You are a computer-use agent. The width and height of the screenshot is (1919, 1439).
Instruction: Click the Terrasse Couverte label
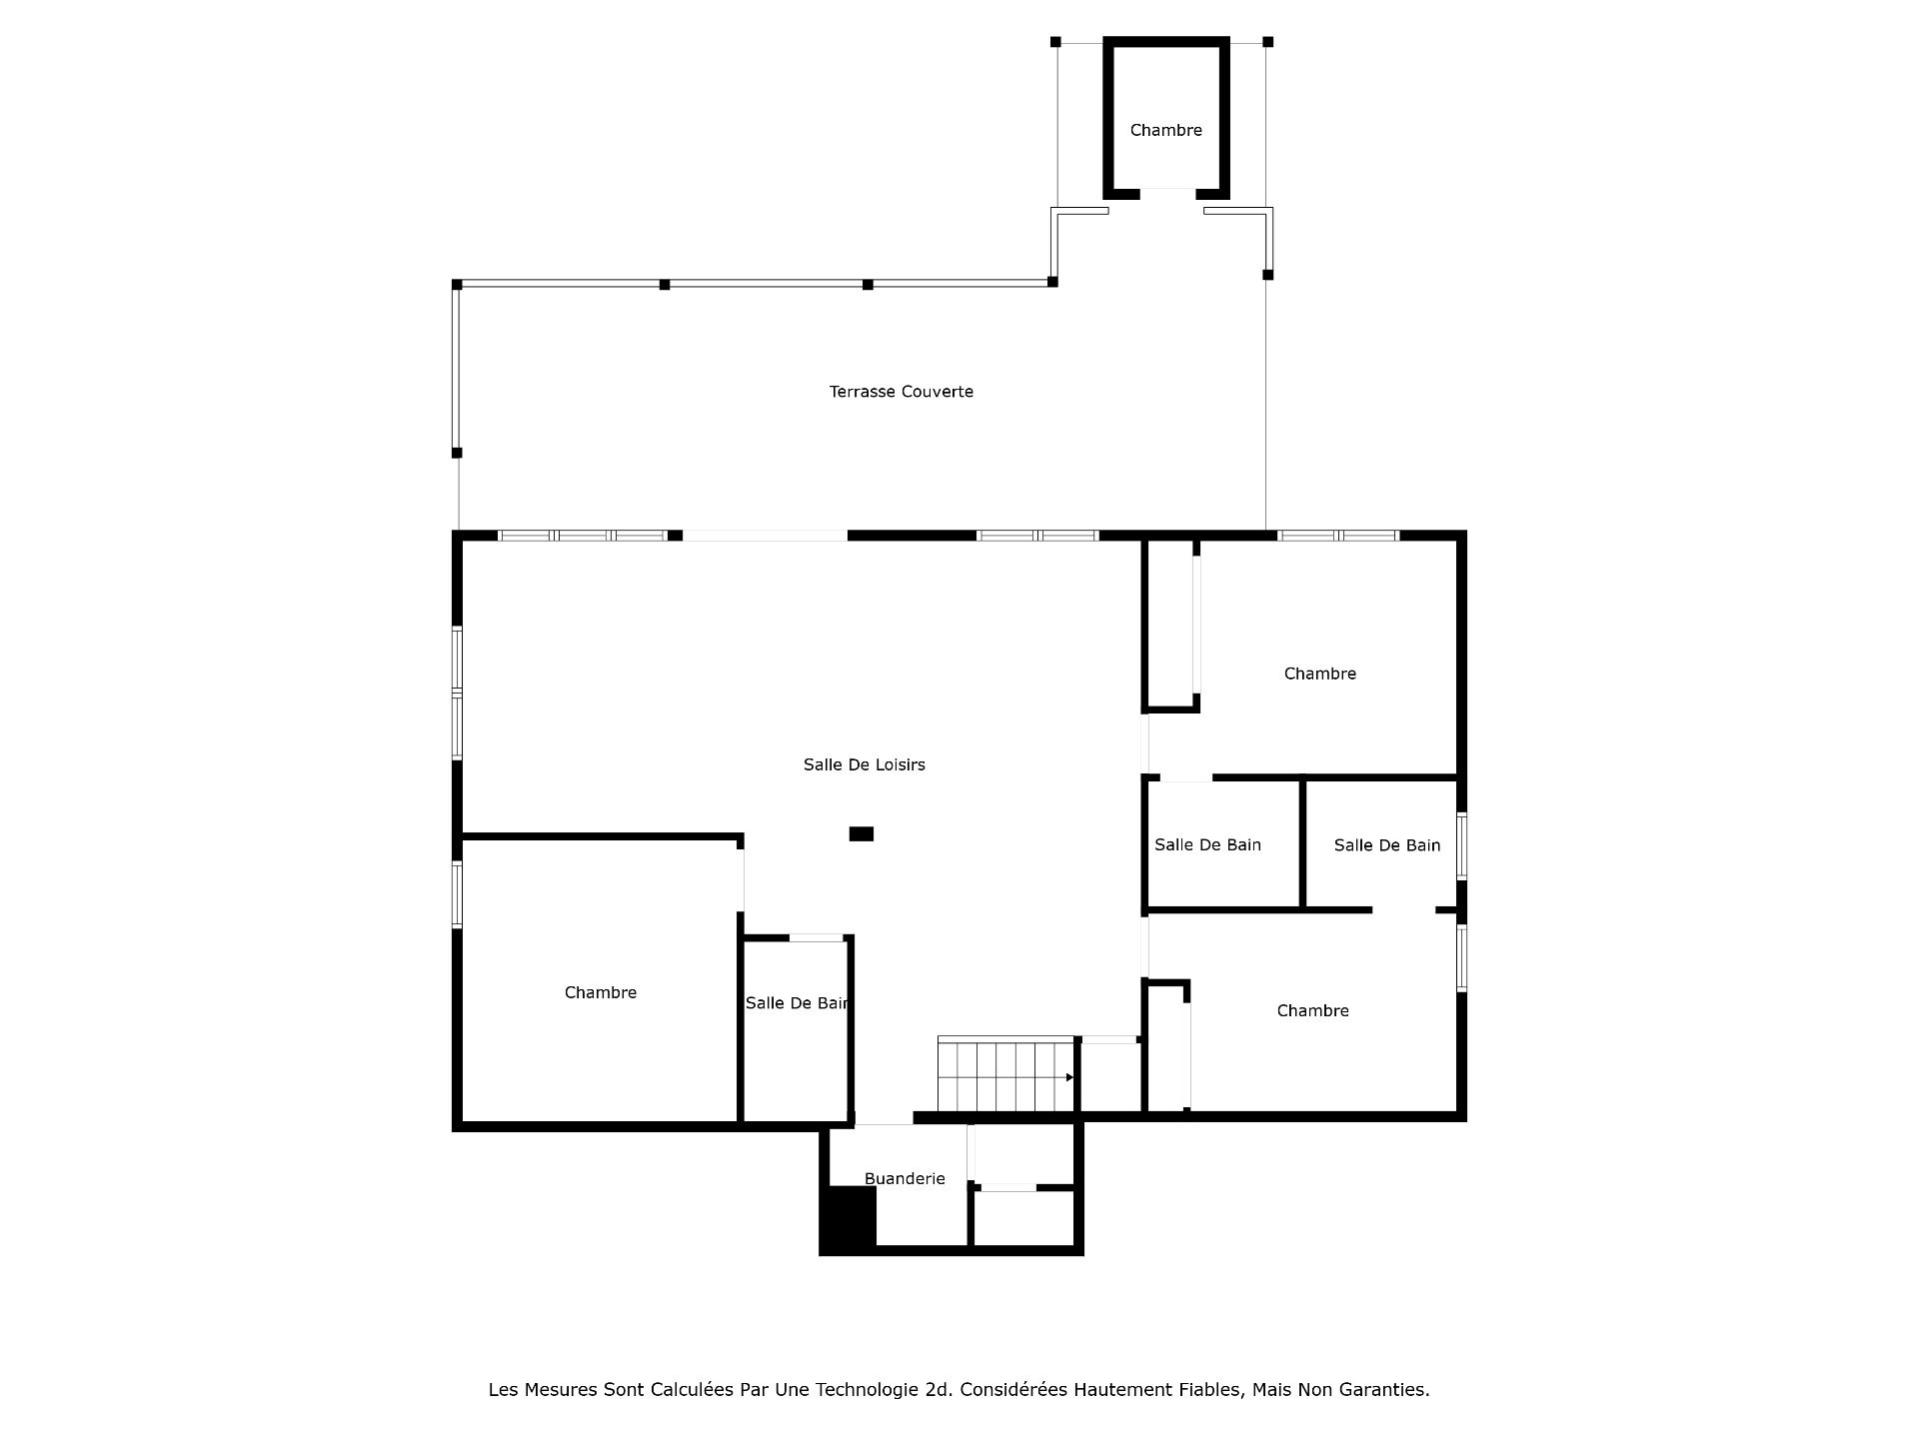point(901,392)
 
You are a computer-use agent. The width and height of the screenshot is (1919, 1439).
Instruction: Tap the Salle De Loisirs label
point(865,764)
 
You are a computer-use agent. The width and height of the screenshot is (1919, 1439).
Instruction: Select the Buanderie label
point(905,1179)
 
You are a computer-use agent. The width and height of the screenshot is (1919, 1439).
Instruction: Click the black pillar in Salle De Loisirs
point(862,833)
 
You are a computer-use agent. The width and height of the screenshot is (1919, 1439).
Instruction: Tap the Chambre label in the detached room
point(1165,130)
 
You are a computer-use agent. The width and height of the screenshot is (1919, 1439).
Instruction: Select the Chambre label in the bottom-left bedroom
point(600,992)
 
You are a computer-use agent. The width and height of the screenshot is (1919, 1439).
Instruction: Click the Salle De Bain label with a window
point(1387,845)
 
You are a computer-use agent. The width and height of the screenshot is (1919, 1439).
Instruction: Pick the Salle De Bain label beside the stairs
point(797,1003)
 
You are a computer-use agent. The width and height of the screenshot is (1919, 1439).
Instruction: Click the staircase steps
point(1005,1075)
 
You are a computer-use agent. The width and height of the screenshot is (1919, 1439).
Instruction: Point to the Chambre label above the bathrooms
point(1319,674)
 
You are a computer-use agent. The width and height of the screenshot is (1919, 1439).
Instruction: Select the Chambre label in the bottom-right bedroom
point(1312,1011)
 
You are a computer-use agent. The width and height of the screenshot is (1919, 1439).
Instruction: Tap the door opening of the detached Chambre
point(1167,193)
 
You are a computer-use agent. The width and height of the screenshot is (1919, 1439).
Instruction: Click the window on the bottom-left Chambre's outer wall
point(458,894)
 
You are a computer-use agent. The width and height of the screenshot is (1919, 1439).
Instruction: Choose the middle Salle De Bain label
point(1207,845)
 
